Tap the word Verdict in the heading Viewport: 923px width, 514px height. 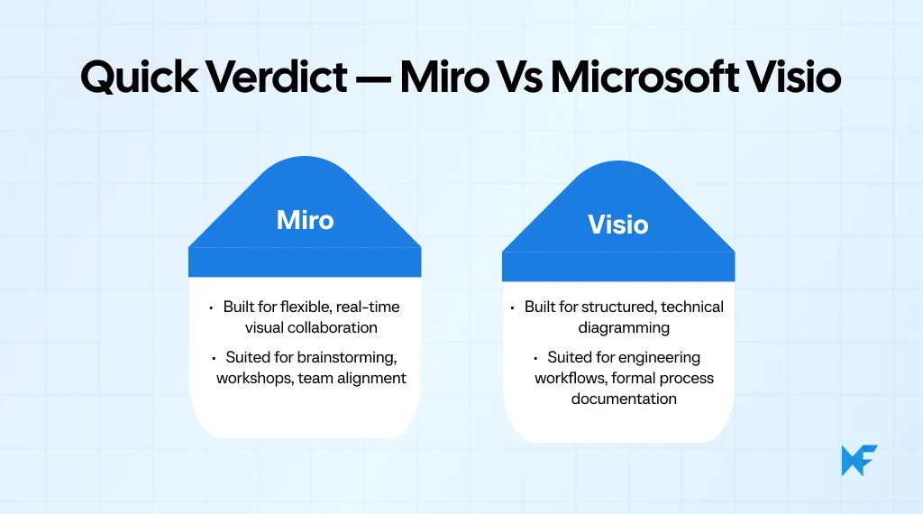[x=279, y=78]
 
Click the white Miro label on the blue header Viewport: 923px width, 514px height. [x=305, y=220]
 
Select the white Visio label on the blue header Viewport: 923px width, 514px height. [x=618, y=224]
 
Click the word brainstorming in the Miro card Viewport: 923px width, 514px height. [x=346, y=357]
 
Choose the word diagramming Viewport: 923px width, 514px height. [x=624, y=327]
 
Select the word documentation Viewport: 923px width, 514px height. [x=624, y=399]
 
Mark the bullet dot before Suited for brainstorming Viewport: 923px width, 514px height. [x=215, y=358]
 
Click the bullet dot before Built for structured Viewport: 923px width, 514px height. [x=516, y=307]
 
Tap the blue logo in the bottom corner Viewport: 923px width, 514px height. [x=859, y=460]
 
